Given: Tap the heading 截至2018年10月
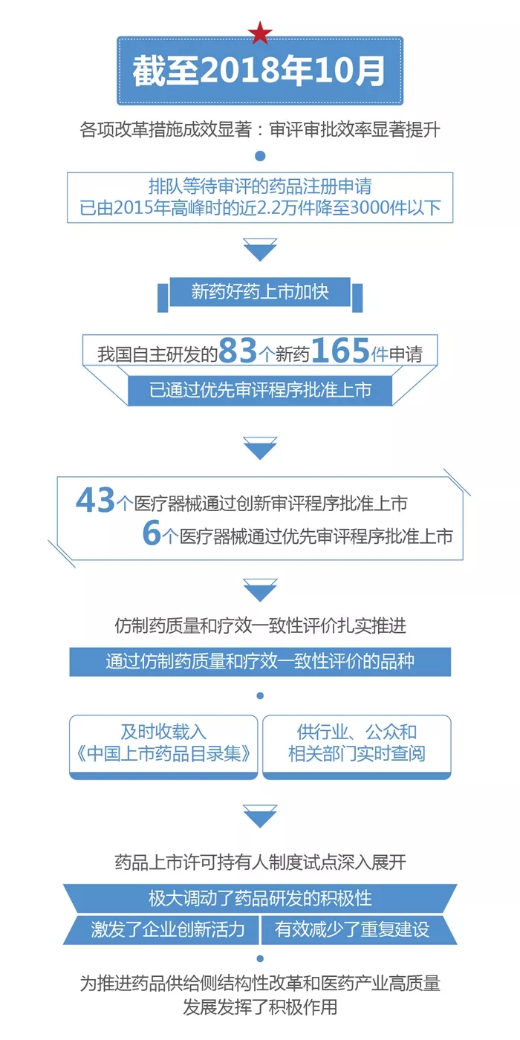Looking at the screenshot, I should click(260, 71).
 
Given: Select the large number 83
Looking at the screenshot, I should click(238, 351).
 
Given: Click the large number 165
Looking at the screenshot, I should click(340, 351).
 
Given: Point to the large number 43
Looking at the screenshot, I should click(96, 501).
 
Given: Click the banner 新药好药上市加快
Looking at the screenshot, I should click(260, 292).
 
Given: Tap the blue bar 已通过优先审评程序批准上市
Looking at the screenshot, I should click(260, 389).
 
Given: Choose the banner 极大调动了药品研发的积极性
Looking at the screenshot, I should click(260, 898).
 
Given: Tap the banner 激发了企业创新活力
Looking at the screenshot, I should click(168, 929).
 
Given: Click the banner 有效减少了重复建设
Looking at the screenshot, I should click(352, 929).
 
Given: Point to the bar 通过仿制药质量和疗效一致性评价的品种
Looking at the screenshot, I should click(260, 661).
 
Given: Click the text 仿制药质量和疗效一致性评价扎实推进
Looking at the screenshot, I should click(260, 625).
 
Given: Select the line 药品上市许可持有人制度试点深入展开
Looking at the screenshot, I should click(260, 862).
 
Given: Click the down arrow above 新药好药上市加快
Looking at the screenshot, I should click(260, 250).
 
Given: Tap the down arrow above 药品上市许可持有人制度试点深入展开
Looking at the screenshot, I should click(260, 816).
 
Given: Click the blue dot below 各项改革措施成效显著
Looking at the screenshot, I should click(260, 156).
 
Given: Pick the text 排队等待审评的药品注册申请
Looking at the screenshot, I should click(260, 186).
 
